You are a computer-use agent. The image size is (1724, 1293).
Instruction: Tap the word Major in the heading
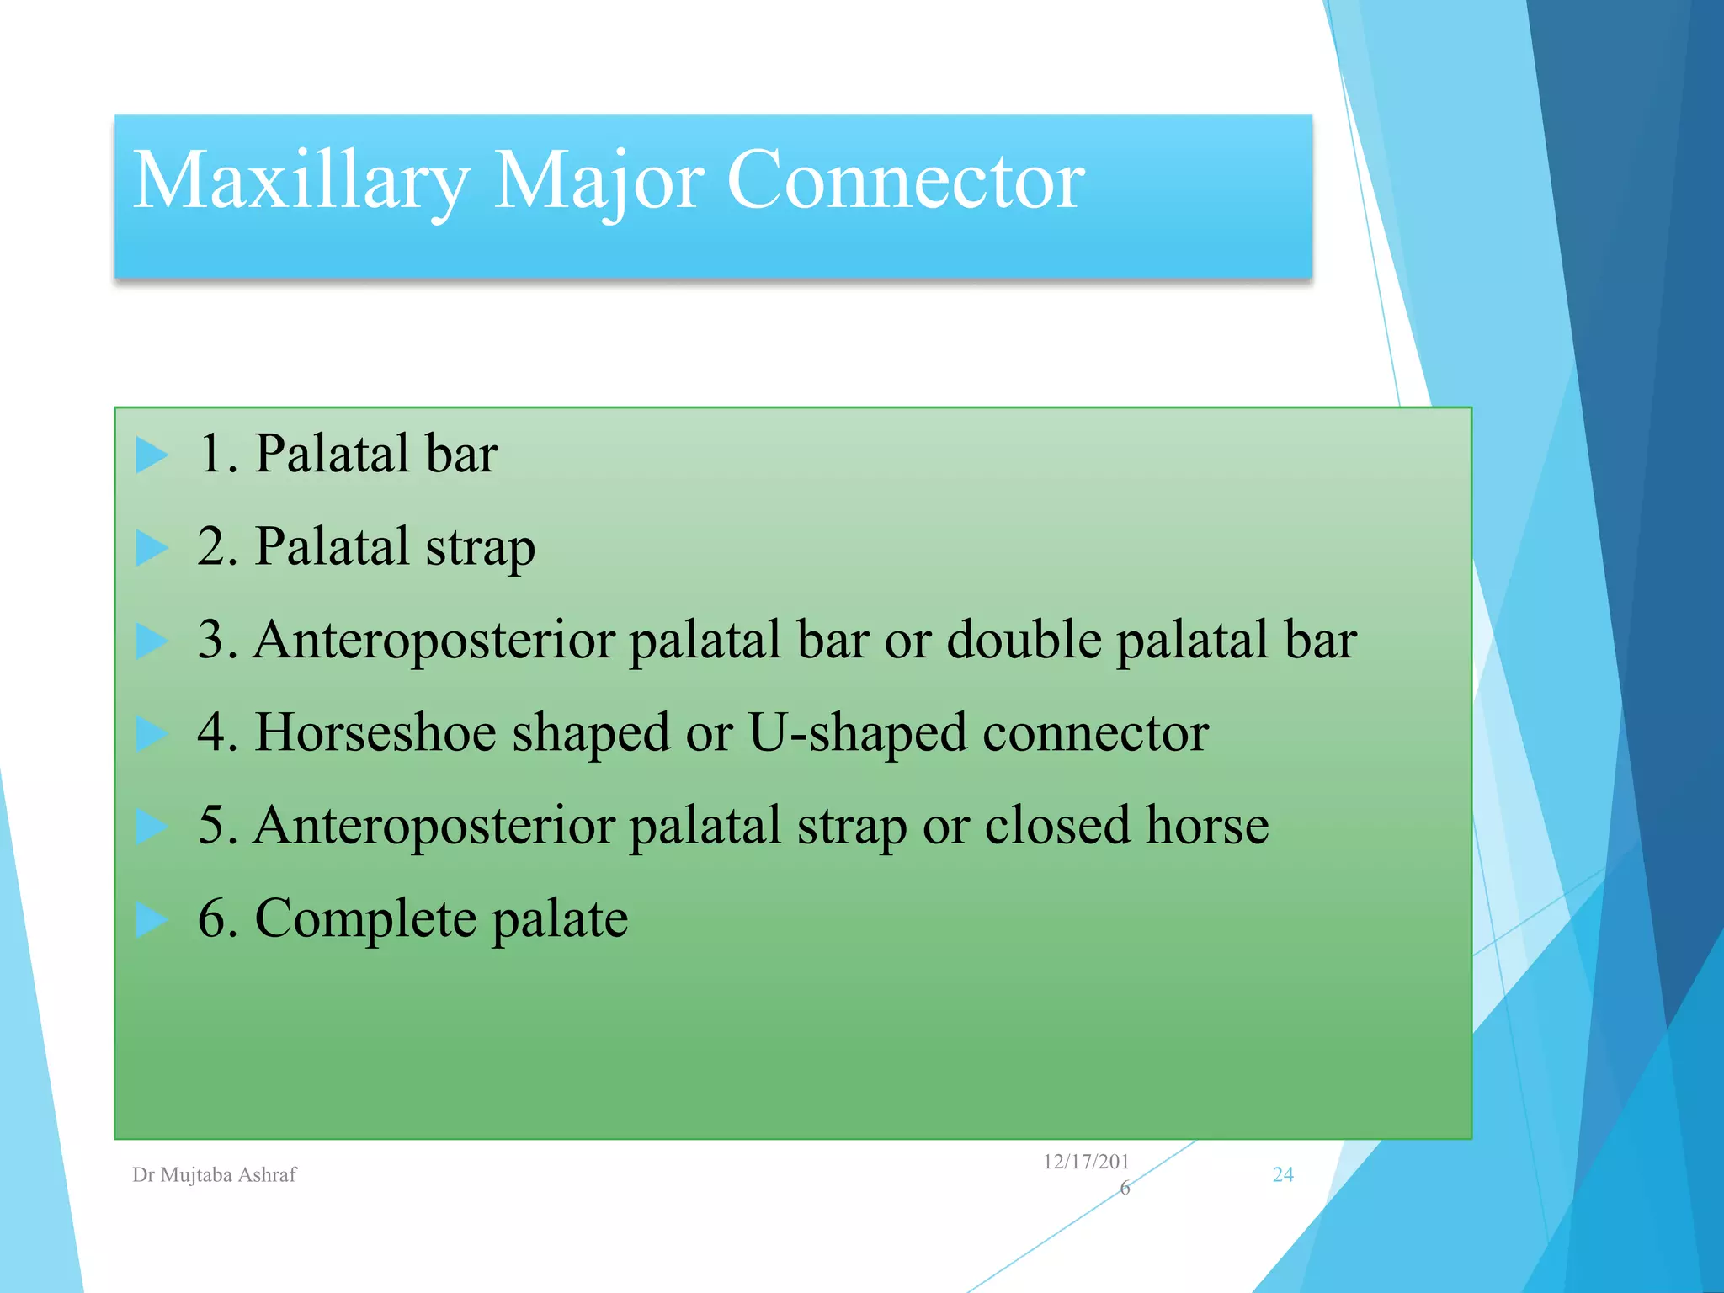[x=598, y=181]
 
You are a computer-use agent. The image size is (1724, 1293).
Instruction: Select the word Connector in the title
[x=905, y=181]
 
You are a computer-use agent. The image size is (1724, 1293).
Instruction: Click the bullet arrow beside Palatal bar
[x=152, y=455]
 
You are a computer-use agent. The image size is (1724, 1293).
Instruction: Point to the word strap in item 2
[x=480, y=548]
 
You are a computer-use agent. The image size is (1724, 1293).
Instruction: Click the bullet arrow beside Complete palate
[x=152, y=919]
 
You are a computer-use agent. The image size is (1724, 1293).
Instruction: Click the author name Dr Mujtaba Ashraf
[x=215, y=1175]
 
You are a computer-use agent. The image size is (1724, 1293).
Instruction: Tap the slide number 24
[x=1283, y=1175]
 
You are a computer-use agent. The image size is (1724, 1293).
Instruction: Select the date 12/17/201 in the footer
[x=1086, y=1163]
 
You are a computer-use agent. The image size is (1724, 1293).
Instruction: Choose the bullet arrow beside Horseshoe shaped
[x=152, y=733]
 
